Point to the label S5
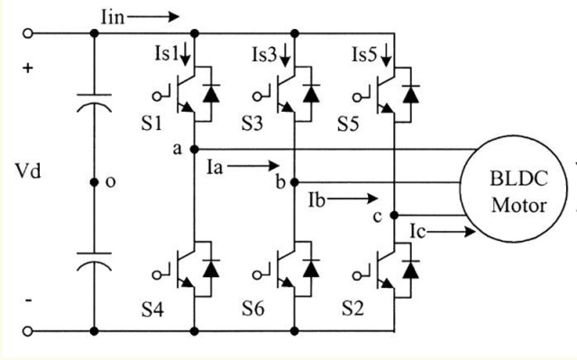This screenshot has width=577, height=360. point(361,122)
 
